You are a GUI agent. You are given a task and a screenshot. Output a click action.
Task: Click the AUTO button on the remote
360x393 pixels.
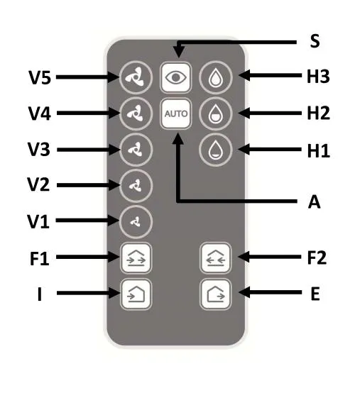[x=173, y=114]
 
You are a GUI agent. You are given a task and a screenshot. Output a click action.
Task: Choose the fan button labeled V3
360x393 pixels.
[x=132, y=150]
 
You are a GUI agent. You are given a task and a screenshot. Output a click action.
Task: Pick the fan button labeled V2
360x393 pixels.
[x=132, y=185]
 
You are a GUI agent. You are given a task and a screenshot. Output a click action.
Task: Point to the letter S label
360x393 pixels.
[x=315, y=42]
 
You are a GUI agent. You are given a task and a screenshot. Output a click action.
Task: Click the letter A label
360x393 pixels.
[x=315, y=203]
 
